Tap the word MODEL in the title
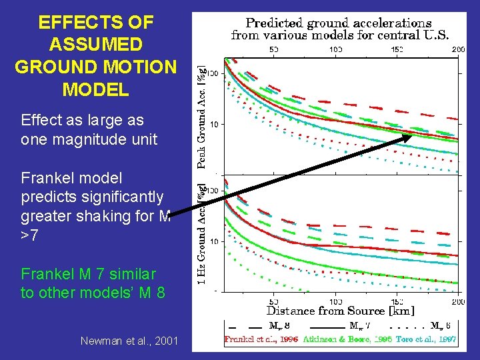[95, 89]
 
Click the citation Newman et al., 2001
[129, 341]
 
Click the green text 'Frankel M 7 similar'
[89, 274]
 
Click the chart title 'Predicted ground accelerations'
[339, 24]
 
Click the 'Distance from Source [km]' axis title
[340, 311]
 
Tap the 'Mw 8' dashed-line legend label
[278, 327]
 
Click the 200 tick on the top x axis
[457, 49]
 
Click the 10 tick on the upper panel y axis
[215, 125]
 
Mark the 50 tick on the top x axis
[273, 49]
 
